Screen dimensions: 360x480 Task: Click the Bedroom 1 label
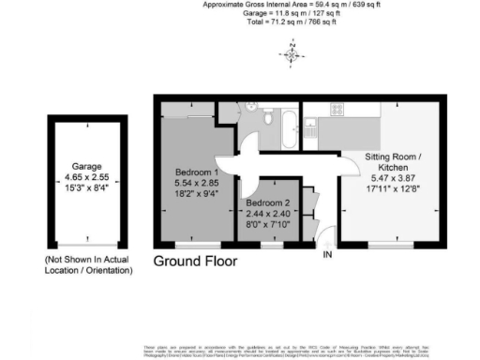197,172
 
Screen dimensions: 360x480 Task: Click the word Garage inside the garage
84,167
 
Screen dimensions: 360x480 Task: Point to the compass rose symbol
292,54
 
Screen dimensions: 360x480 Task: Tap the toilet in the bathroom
268,119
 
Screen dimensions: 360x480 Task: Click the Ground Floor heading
195,261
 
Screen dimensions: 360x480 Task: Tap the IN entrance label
328,254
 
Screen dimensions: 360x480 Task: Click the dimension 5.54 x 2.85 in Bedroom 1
197,185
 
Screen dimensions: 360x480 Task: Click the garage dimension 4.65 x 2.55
84,178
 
